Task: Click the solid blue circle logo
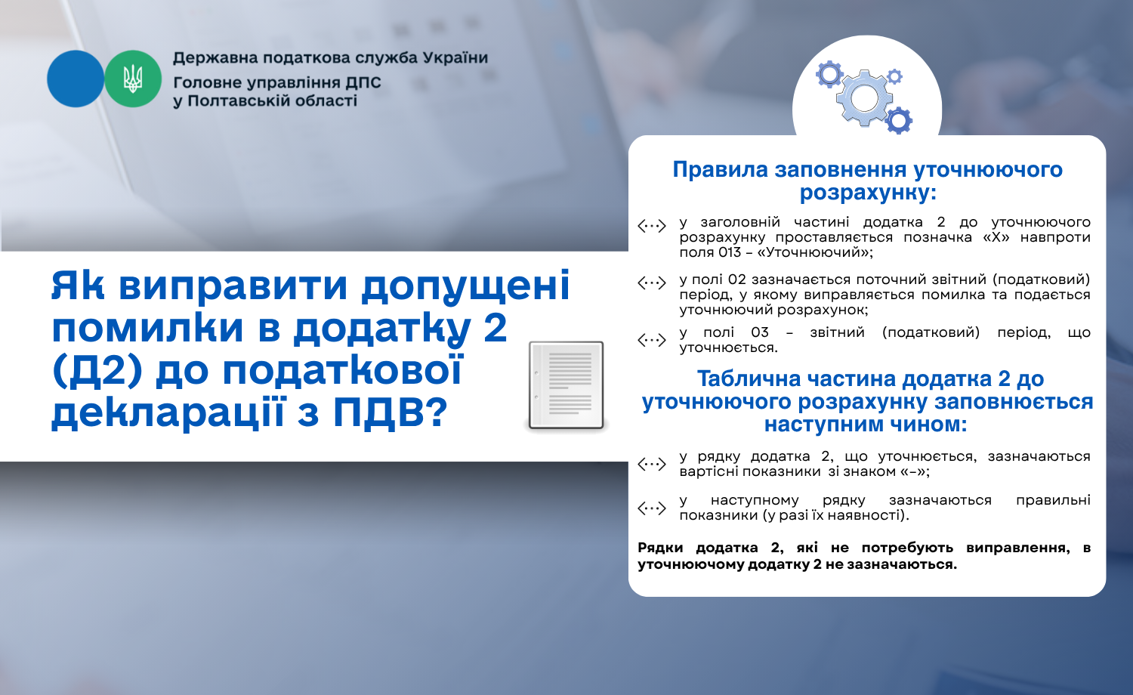pos(76,79)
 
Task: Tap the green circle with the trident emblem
pos(133,79)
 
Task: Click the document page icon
pos(566,385)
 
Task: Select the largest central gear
pos(864,98)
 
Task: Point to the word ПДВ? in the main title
pos(391,412)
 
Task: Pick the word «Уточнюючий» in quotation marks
pos(814,252)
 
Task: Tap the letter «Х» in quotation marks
pos(996,237)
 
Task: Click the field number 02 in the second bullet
pos(737,280)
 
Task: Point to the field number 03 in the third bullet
pos(760,332)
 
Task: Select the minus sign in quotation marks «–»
pos(915,471)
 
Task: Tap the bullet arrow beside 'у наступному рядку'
pos(651,508)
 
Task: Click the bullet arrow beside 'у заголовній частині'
pos(651,226)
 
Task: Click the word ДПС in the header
pos(363,82)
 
